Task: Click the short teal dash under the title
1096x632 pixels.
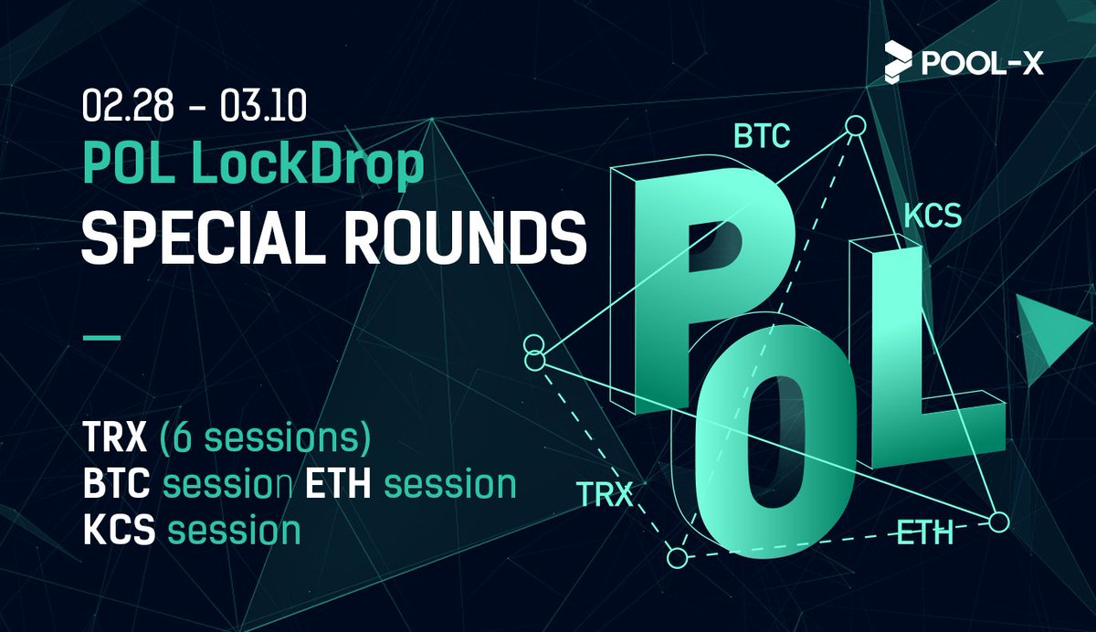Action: point(101,337)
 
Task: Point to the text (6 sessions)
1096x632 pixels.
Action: point(265,441)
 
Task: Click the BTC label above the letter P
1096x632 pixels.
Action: point(763,139)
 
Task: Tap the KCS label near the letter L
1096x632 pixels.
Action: point(933,216)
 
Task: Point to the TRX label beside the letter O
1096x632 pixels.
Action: point(606,496)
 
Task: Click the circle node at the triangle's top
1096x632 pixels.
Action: point(854,126)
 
